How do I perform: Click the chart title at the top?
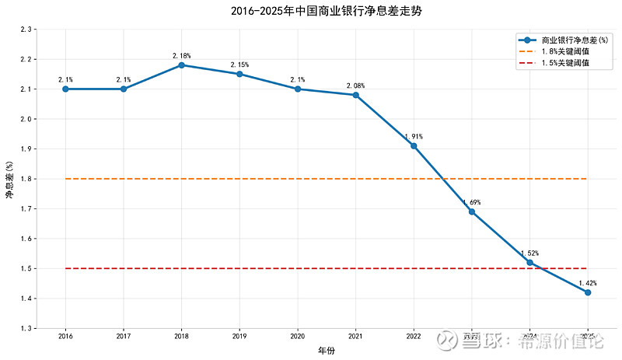[x=310, y=12]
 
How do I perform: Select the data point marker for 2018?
[x=181, y=65]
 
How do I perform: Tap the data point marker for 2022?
[x=414, y=146]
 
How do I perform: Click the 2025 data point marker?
[x=588, y=292]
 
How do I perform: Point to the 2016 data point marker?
[x=65, y=89]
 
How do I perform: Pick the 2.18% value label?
[x=181, y=56]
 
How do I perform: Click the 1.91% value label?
[x=414, y=137]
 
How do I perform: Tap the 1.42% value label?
[x=588, y=283]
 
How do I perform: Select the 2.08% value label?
[x=355, y=86]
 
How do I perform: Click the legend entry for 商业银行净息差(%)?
[x=568, y=40]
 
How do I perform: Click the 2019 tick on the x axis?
[x=239, y=337]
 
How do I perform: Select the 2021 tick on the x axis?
[x=355, y=337]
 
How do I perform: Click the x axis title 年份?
[x=327, y=351]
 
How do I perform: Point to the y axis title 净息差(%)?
[x=9, y=179]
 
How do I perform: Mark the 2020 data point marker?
[x=298, y=89]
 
